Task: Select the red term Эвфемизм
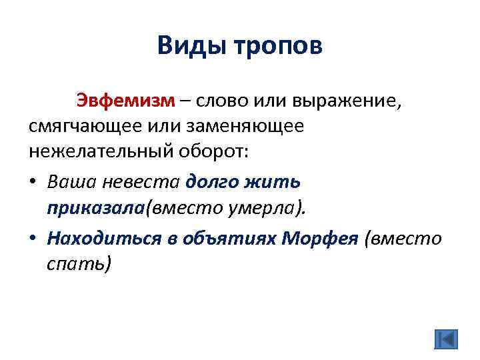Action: [x=125, y=101]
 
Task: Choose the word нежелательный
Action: [x=101, y=151]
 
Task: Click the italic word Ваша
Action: [x=71, y=181]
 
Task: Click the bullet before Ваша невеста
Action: [x=34, y=181]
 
